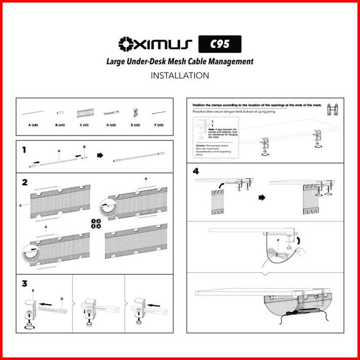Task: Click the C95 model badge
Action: click(x=220, y=45)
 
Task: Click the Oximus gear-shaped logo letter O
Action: click(x=125, y=45)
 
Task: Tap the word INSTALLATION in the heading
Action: click(x=179, y=76)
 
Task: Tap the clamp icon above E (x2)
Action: click(x=136, y=112)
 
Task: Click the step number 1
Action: click(x=24, y=150)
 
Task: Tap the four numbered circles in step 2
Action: click(x=96, y=223)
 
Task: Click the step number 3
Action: click(x=25, y=283)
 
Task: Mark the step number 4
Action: click(x=196, y=171)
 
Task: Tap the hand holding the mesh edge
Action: click(x=300, y=250)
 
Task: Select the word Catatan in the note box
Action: click(x=200, y=145)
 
